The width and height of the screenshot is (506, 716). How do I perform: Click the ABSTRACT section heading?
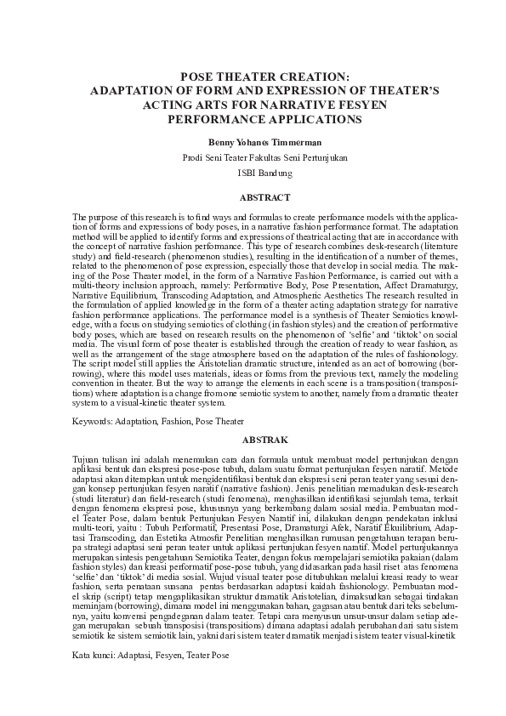(x=253, y=196)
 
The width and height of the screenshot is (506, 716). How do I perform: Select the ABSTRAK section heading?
(x=253, y=440)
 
